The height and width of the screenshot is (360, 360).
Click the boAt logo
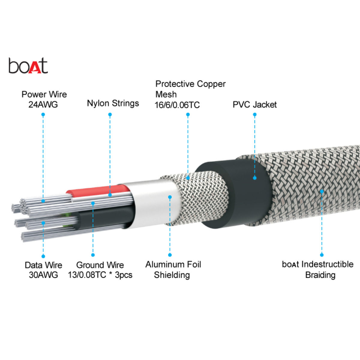click(x=28, y=66)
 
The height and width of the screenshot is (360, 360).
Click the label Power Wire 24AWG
click(x=44, y=99)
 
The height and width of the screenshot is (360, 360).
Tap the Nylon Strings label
click(x=113, y=103)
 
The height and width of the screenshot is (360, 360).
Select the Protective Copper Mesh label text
click(x=190, y=89)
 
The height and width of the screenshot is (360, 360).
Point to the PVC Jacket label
click(x=254, y=105)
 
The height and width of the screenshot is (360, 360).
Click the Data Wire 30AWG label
click(x=43, y=270)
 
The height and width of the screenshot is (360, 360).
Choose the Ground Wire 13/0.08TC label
click(x=100, y=270)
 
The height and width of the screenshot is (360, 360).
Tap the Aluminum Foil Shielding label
click(x=173, y=269)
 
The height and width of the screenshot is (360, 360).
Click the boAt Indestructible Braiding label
click(x=318, y=269)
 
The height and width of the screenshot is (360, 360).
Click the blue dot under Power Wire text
click(x=43, y=115)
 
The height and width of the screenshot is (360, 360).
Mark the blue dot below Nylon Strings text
click(x=110, y=115)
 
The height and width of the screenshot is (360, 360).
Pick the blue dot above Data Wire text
click(x=43, y=256)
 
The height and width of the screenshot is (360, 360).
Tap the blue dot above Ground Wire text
click(x=93, y=255)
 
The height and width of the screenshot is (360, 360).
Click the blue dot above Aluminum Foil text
click(x=170, y=255)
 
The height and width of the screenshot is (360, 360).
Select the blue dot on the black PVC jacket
click(x=255, y=178)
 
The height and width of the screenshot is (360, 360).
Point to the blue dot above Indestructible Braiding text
click(x=322, y=255)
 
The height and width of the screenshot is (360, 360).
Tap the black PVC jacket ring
click(x=240, y=192)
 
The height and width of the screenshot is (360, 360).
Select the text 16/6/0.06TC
click(x=177, y=105)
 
